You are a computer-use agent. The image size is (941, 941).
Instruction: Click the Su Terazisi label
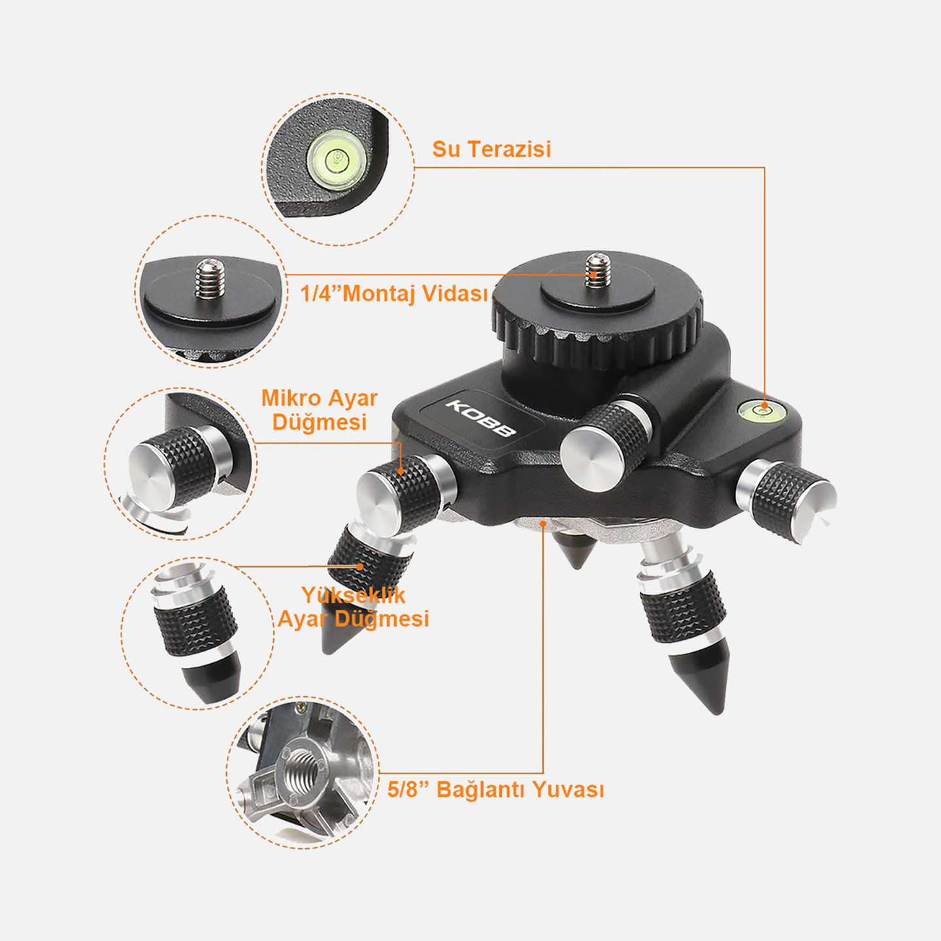[492, 149]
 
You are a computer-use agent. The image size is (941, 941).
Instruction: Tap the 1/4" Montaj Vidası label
[394, 293]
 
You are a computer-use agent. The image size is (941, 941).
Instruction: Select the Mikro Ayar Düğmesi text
[320, 410]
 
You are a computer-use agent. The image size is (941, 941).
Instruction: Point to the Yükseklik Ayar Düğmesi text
[353, 606]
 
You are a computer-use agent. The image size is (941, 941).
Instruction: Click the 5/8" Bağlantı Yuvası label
[495, 789]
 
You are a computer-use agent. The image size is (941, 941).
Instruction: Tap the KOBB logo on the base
[481, 418]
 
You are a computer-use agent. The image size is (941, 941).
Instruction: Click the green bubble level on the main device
[762, 408]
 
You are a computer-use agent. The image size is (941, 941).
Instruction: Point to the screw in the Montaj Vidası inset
[210, 278]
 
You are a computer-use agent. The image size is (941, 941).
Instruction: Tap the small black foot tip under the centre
[577, 550]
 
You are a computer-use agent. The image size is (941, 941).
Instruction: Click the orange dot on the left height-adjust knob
[360, 567]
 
